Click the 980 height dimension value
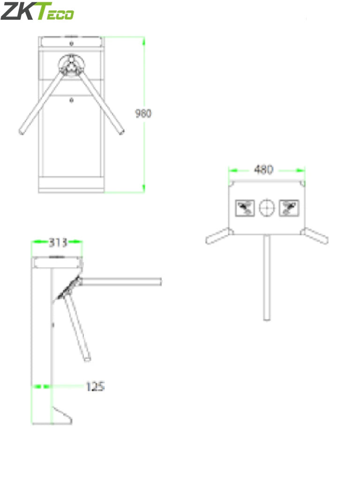[x=143, y=113]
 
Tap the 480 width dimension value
[x=263, y=170]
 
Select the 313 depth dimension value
[x=58, y=242]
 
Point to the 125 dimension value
[x=95, y=386]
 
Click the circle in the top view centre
[x=267, y=207]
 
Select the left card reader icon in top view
[x=245, y=207]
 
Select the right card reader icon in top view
[x=289, y=207]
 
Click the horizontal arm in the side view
[x=122, y=281]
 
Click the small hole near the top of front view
[x=71, y=43]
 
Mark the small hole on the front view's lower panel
[x=71, y=99]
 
